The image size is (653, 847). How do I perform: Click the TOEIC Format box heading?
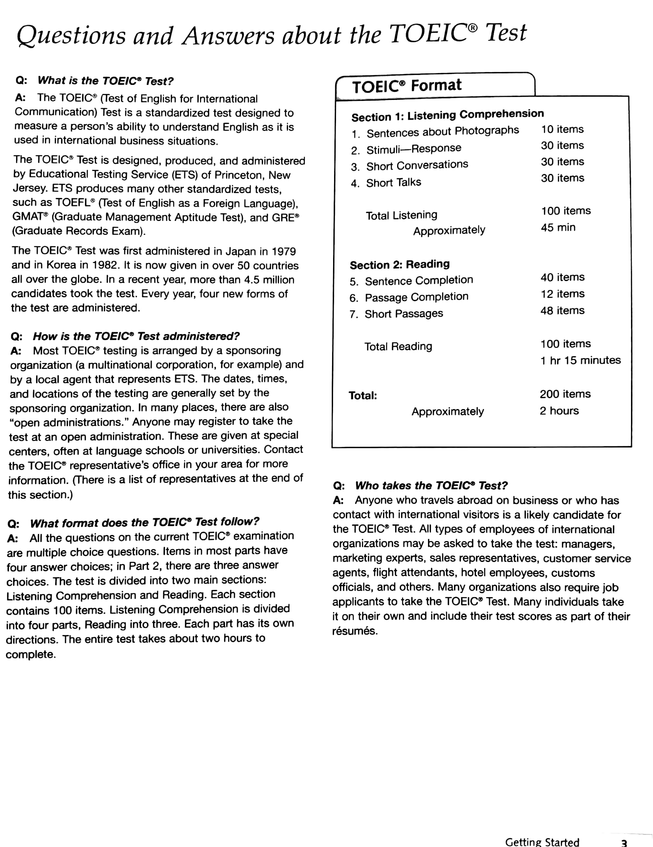coord(407,86)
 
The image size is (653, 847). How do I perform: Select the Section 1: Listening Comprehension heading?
coord(447,115)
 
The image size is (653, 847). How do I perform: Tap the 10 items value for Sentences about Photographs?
coord(562,129)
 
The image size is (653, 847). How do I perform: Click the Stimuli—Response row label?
coord(414,149)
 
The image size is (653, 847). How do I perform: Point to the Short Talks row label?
coord(394,182)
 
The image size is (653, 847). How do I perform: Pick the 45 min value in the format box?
coord(558,227)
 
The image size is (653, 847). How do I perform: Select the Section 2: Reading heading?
coord(399,264)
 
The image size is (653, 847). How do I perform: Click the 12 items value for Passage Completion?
coord(562,294)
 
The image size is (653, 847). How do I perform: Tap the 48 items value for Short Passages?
coord(562,311)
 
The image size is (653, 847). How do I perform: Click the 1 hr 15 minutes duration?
coord(580,360)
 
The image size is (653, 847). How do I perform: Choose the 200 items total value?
coord(565,394)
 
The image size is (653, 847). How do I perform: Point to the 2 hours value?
coord(559,411)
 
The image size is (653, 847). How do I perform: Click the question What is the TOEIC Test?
coord(105,81)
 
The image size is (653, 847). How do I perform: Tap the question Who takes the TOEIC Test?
coord(431,486)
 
